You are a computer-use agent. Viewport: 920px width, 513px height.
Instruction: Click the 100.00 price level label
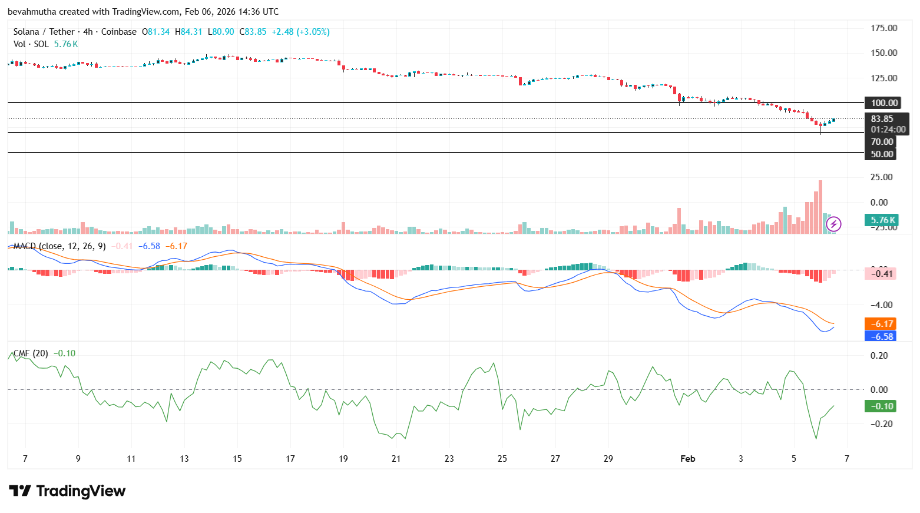point(884,103)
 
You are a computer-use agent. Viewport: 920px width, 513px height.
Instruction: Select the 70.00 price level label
point(882,142)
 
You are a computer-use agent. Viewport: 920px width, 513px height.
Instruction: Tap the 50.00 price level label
point(882,154)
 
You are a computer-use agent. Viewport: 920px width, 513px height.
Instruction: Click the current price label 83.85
point(882,119)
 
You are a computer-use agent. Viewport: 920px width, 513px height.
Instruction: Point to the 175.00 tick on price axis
point(883,28)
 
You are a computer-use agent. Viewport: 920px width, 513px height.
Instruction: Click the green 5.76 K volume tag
point(882,220)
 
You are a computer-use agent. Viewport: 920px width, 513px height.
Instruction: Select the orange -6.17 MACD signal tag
point(882,324)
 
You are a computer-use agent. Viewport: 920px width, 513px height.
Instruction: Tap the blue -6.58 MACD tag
point(882,337)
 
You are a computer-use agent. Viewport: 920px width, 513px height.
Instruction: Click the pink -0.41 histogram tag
point(882,274)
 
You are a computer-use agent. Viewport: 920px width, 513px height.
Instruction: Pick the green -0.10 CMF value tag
point(882,406)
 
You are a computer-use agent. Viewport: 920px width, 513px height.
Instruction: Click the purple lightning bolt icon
point(833,224)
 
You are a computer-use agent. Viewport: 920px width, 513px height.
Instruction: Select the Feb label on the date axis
point(687,459)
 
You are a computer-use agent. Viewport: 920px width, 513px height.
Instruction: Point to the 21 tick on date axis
point(396,459)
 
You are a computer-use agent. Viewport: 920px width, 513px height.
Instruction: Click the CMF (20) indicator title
point(31,353)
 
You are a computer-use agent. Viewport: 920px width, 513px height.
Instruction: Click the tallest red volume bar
point(820,206)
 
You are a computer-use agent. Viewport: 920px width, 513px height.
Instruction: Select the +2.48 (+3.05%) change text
point(300,32)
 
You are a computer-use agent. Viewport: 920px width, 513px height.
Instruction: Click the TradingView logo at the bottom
point(67,491)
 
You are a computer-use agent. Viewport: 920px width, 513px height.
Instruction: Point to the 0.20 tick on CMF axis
point(879,356)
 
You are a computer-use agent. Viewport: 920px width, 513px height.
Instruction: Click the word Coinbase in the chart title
point(118,32)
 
